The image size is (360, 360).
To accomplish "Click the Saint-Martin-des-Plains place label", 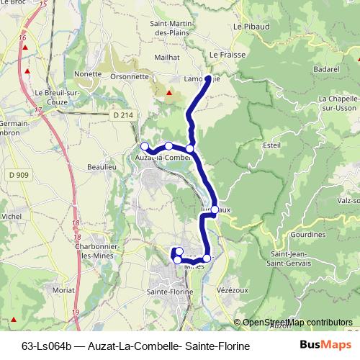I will pos(168,28).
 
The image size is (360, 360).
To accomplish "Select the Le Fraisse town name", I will pos(222,53).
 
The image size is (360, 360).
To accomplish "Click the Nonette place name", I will pos(88,73).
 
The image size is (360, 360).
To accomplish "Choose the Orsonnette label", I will pos(130,75).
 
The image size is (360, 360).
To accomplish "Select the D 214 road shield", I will pos(123,115).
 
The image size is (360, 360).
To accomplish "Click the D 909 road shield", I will pos(21,175).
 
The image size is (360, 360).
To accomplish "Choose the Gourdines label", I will pos(308,235).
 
